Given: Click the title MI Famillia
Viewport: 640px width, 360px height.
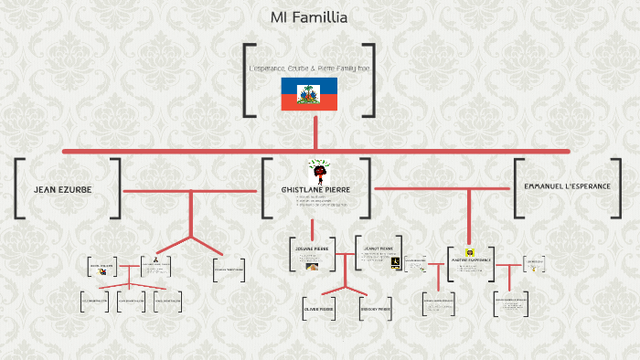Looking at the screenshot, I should tap(308, 16).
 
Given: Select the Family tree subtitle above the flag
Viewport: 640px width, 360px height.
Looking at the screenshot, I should tap(309, 69).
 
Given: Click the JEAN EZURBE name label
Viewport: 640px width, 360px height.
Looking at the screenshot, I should tap(62, 189).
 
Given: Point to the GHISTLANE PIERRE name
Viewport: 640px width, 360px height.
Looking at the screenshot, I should tap(315, 189).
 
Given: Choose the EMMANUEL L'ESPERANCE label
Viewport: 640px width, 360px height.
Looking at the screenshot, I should tap(568, 186).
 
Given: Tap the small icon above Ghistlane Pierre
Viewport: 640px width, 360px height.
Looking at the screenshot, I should tap(317, 171).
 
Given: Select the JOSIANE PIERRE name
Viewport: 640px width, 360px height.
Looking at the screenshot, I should tap(311, 248).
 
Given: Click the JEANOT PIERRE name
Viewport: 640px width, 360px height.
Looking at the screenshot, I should tap(377, 248).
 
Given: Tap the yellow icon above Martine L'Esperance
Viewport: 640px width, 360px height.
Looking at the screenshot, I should tap(470, 251).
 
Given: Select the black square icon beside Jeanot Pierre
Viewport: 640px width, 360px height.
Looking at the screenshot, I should tap(395, 261).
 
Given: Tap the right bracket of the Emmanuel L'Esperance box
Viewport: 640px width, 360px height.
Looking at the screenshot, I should tap(621, 188).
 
